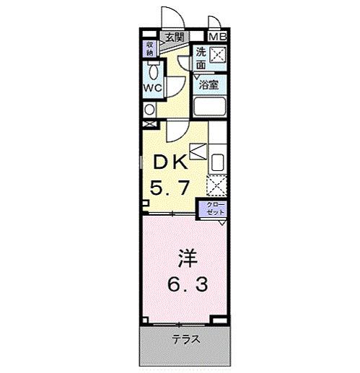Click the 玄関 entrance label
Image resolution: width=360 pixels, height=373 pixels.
[173, 37]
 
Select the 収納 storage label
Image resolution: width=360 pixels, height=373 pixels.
[150, 48]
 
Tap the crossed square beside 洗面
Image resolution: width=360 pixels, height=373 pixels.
[217, 54]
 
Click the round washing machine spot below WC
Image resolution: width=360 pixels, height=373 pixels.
[149, 109]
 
